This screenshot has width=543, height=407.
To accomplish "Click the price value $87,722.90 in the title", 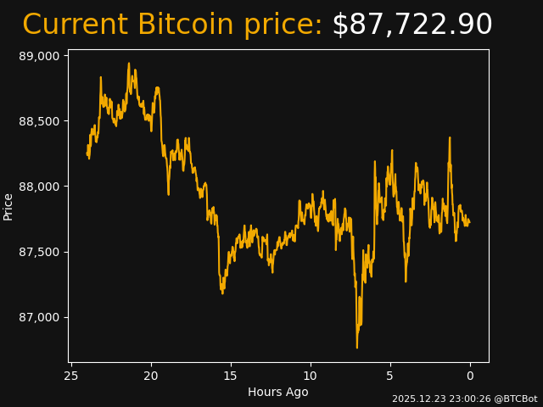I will pos(412,25).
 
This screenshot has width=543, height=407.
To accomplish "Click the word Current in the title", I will pos(75,25).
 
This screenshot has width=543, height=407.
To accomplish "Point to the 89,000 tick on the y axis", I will pos(40,56).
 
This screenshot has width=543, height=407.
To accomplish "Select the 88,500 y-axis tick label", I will pos(40,121).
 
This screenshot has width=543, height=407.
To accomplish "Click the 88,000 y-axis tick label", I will pos(40,187).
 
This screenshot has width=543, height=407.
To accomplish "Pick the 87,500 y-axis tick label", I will pos(40,252).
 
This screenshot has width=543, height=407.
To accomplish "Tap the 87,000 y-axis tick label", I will pos(40,317).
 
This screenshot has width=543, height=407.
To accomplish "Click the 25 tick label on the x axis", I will pos(71,376).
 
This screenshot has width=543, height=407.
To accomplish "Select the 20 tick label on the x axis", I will pos(151,376).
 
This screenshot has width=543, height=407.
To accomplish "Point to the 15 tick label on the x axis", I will pos(231,376).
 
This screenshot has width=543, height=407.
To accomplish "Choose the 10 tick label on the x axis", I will pos(311,376).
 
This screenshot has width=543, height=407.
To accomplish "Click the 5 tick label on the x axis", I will pos(390,376).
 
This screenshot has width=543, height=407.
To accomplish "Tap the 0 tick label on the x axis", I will pos(470,376).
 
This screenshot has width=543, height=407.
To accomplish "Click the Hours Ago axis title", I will pos(277,392).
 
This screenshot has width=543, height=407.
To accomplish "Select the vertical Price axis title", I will pos(8,206).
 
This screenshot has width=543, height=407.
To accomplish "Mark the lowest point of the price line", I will pos(357,348).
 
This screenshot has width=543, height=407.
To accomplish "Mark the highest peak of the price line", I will pos(129,63).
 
